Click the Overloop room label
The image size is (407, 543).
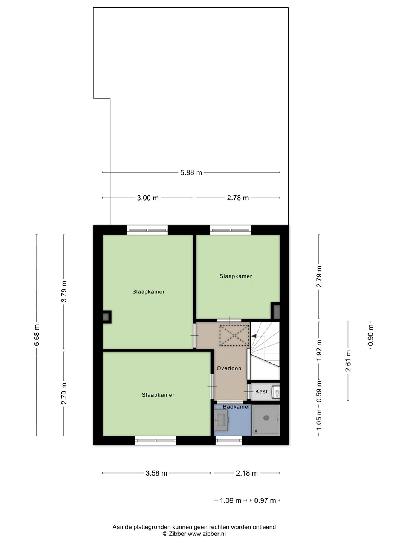coord(229,368)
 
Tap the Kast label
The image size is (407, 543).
coord(262,391)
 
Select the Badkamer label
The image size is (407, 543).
coord(237,407)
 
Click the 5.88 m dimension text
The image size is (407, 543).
coord(191,172)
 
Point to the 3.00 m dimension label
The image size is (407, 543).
coord(148,198)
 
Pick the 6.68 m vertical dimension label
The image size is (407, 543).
coord(37,335)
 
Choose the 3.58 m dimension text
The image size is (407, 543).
coord(156,473)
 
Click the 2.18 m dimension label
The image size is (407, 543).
coord(246,473)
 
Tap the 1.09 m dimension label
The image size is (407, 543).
coord(230,500)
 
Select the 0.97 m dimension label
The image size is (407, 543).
coord(265,500)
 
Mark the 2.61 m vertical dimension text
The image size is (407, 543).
coord(348,361)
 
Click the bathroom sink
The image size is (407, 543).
coord(221,419)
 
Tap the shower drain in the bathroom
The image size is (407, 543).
coord(266,418)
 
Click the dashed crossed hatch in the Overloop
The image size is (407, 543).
coord(234,336)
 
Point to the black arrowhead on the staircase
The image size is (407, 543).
coord(254,336)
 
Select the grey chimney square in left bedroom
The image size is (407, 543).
coord(106,317)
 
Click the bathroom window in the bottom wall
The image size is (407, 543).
coord(229,440)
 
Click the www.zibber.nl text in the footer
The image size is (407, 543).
coord(207,534)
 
